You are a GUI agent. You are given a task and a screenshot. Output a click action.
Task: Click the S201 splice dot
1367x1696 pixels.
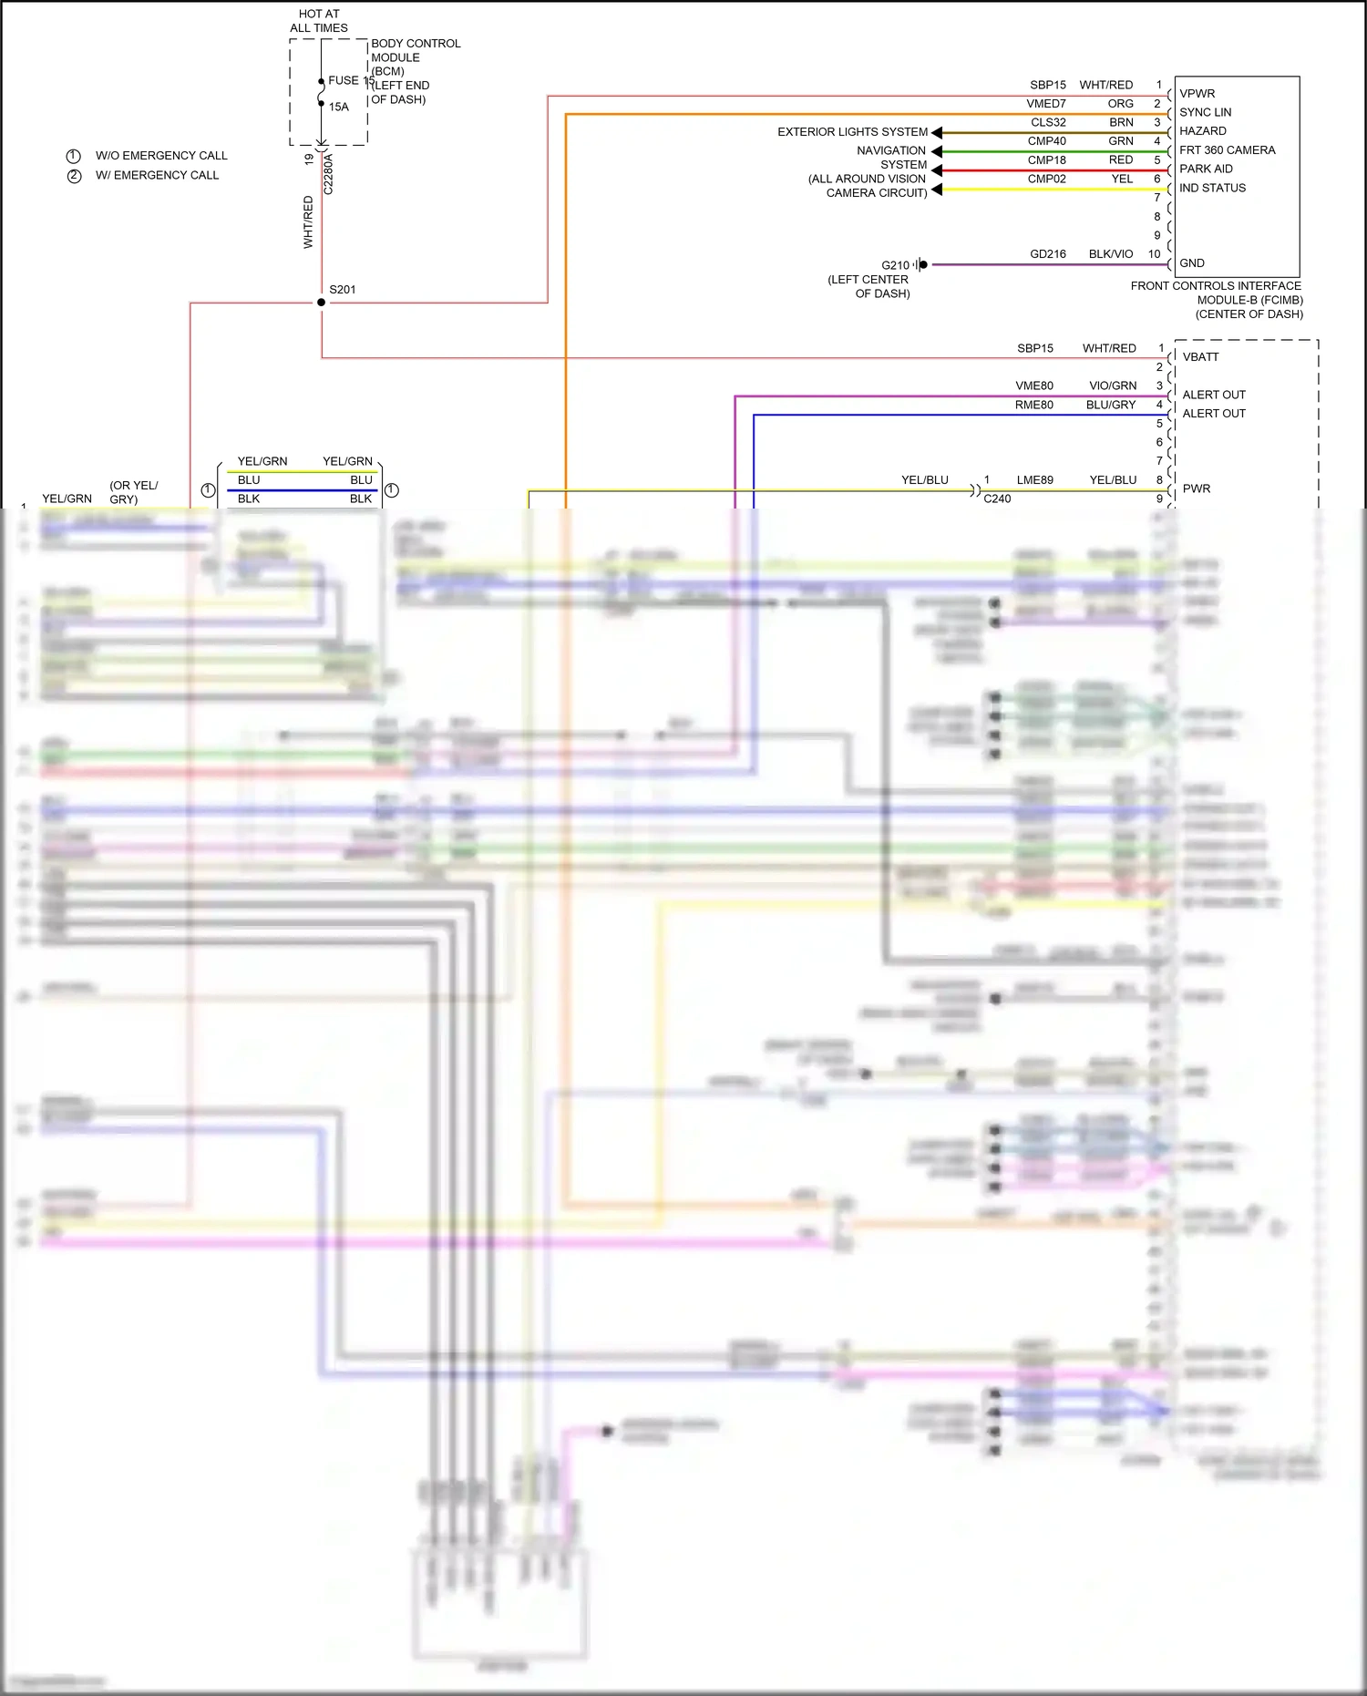[x=321, y=303]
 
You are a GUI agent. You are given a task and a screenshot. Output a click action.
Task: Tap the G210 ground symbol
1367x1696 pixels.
[x=921, y=265]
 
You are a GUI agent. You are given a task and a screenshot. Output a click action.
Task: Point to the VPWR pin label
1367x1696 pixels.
[x=1197, y=94]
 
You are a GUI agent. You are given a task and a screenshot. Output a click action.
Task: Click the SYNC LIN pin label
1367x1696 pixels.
[x=1205, y=112]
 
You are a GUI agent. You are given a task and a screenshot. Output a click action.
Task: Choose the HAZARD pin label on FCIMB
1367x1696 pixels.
[x=1202, y=131]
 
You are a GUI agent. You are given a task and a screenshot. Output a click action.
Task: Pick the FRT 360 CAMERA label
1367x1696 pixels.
[x=1227, y=150]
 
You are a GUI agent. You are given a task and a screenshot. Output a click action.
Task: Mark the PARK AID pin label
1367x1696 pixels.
[x=1206, y=169]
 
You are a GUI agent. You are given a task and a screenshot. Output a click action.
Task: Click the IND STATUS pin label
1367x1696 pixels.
[x=1212, y=188]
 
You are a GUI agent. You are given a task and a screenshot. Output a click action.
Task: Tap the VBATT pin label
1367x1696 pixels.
[x=1200, y=357]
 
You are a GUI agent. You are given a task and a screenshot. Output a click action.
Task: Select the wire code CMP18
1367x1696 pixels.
[x=1046, y=160]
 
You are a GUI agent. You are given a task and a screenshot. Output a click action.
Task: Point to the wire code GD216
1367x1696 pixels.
[x=1047, y=254]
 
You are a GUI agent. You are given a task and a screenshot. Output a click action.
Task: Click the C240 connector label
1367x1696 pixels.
[x=997, y=499]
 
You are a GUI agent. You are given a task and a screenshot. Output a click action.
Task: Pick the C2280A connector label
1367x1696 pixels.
[x=329, y=174]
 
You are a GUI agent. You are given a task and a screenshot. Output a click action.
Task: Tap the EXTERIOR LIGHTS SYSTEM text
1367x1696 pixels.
[x=852, y=132]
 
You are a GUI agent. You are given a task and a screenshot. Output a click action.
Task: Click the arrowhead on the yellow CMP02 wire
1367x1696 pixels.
[x=937, y=190]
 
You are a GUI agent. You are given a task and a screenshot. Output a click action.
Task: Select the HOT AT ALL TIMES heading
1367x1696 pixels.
[x=319, y=21]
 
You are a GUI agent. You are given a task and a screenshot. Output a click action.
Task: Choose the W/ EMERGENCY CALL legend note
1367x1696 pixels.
[x=157, y=175]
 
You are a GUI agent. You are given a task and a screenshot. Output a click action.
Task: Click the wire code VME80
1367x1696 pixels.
[x=1033, y=386]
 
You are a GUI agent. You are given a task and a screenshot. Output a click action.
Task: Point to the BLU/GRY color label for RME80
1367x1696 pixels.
[x=1110, y=406]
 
